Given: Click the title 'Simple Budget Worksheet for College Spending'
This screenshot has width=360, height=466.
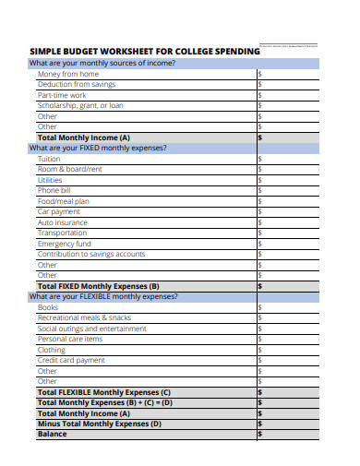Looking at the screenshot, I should pos(145,52).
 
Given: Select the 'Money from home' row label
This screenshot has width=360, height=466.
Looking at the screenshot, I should pos(67,74).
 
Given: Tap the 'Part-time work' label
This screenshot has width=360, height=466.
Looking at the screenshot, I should pos(62,95).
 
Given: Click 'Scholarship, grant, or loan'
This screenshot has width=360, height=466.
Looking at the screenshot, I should pos(79,105).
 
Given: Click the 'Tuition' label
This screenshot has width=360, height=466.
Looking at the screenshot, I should pos(49,159).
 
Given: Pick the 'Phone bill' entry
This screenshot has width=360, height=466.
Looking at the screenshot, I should pos(55,190).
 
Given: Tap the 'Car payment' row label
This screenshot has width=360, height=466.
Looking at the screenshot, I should pos(60,211).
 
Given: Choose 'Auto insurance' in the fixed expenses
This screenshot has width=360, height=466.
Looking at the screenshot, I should pos(62,222).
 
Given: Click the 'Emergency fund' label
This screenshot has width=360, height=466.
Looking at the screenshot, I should pos(64,244).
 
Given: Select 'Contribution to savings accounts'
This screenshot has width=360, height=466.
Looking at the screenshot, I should pos(90,254).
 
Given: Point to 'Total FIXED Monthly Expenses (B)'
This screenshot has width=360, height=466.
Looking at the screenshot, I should pos(98,286).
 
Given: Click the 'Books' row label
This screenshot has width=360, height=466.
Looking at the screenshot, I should pos(48,307).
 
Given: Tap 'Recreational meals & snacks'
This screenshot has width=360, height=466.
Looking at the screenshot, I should pos(84,317).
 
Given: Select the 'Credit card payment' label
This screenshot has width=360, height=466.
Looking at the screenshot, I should pos(71,360).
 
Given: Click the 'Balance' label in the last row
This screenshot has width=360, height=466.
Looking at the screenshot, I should pos(52,434).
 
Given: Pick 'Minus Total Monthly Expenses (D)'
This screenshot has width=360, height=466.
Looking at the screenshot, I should pos(98,424).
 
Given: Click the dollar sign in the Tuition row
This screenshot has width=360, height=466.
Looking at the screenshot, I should pos(259,159).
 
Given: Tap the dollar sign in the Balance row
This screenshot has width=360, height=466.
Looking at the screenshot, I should pos(259,434).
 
